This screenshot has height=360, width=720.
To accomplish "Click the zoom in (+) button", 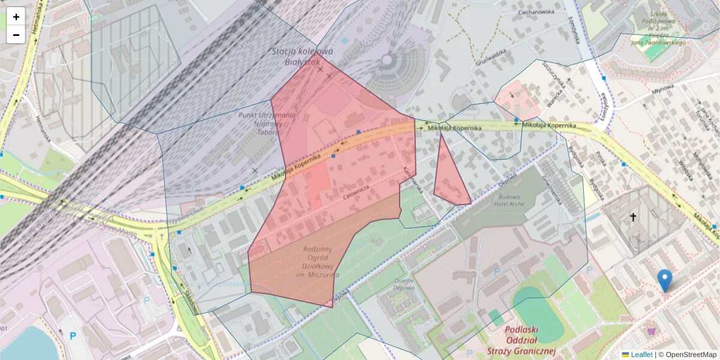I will (16, 16).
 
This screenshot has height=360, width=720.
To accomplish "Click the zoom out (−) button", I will (16, 34).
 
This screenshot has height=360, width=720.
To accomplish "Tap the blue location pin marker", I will (664, 280).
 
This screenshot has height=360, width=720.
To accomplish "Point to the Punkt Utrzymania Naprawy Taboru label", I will (266, 122).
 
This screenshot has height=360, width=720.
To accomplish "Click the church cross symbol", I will (632, 217).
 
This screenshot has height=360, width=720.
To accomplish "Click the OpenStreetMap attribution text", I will (691, 355).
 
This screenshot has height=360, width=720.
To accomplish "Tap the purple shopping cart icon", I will (652, 330).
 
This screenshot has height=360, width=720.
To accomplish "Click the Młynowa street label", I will (664, 88).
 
